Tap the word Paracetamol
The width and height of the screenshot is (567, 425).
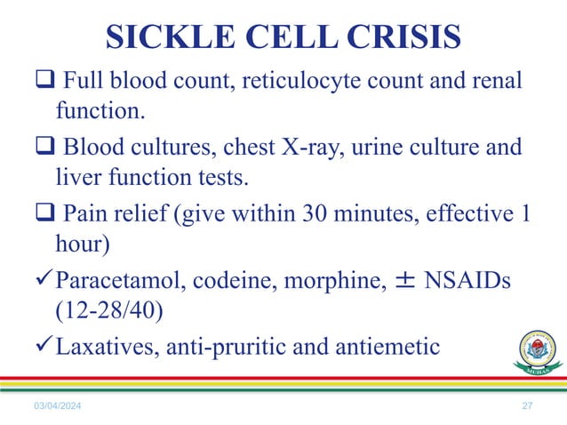[x=123, y=284]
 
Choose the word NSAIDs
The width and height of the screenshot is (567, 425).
[x=468, y=284]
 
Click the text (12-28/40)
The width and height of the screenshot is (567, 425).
[x=110, y=313]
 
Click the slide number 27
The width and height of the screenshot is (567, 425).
[x=527, y=406]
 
